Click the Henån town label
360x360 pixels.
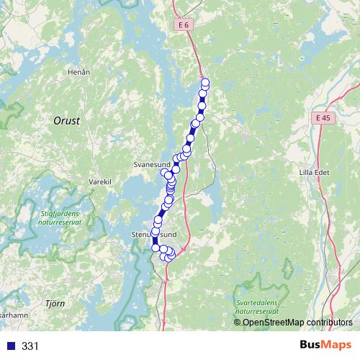(78, 72)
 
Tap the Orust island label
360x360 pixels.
(66, 121)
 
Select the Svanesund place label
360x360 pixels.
(150, 164)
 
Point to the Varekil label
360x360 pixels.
(99, 182)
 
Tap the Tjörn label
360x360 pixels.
(55, 304)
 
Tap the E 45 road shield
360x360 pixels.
(323, 117)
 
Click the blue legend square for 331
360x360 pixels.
(12, 346)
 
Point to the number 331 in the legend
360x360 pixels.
(30, 346)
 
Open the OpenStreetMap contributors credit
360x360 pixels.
(297, 322)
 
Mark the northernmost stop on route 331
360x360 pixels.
(205, 82)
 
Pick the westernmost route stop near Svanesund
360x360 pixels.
(163, 172)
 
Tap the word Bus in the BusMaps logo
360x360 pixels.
(311, 346)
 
